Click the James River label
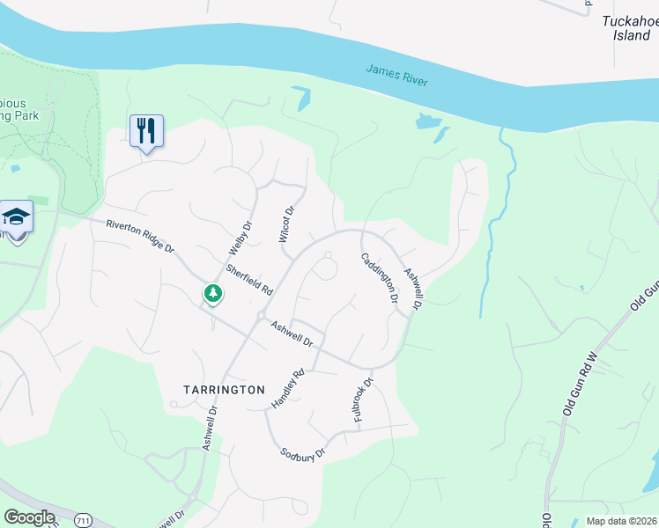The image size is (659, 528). pyautogui.click(x=396, y=75)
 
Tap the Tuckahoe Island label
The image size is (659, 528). pyautogui.click(x=631, y=28)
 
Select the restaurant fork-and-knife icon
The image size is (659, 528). pyautogui.click(x=146, y=131)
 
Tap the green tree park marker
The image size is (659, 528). pyautogui.click(x=212, y=293)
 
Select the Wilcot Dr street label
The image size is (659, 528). pyautogui.click(x=285, y=223)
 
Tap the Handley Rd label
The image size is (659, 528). pyautogui.click(x=287, y=387)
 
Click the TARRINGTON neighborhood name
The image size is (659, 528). pyautogui.click(x=224, y=389)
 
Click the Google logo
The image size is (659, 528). pyautogui.click(x=29, y=517)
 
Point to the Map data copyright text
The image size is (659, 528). pyautogui.click(x=621, y=521)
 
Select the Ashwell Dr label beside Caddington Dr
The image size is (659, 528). pyautogui.click(x=413, y=288)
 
